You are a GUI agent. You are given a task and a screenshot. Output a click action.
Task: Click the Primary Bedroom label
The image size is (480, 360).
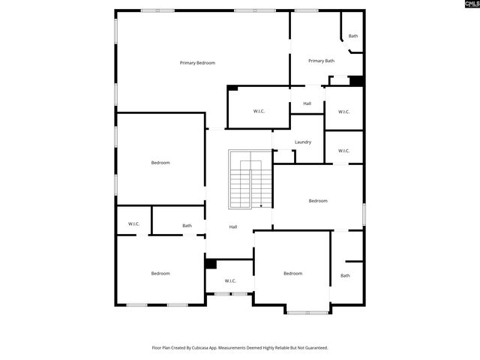point(197,63)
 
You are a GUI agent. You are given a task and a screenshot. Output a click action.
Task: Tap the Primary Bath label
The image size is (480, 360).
point(321,61)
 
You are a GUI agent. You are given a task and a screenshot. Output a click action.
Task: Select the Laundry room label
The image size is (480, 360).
point(303,142)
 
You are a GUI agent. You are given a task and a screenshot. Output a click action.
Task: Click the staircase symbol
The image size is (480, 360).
point(250,180)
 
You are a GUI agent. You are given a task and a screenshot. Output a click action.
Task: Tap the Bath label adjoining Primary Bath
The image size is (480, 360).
point(352,36)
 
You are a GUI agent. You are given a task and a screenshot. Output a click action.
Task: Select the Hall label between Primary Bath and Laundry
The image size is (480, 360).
point(307,103)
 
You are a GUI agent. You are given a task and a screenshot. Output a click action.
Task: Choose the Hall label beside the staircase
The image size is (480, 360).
point(233,226)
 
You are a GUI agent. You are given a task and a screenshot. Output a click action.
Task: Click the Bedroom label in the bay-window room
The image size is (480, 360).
point(292,274)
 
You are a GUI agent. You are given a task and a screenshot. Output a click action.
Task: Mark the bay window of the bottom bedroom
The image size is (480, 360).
point(306,311)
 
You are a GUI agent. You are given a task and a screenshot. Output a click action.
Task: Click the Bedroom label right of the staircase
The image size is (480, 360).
point(318,200)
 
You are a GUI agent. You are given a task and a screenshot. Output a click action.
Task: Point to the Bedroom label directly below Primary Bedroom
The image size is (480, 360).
point(160,163)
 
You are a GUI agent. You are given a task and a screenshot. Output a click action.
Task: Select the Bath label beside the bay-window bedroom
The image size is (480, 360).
point(345,275)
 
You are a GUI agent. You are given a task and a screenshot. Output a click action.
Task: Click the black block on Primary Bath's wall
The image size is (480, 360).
point(356,81)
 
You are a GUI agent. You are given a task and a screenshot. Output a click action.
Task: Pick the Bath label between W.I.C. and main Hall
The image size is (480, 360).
point(187,225)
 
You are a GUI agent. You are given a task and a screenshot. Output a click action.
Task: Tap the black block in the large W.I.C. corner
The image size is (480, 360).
point(232,88)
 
